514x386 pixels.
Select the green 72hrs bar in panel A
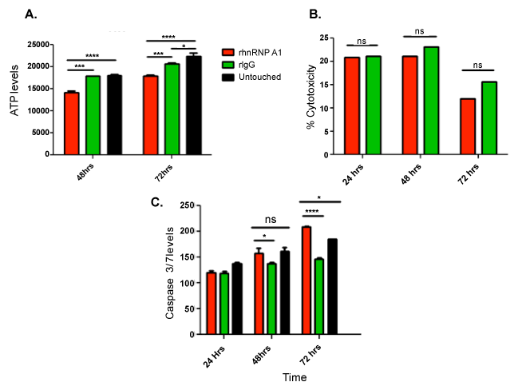172,109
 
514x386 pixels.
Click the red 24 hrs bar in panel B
352,106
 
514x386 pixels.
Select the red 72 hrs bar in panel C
306,281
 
